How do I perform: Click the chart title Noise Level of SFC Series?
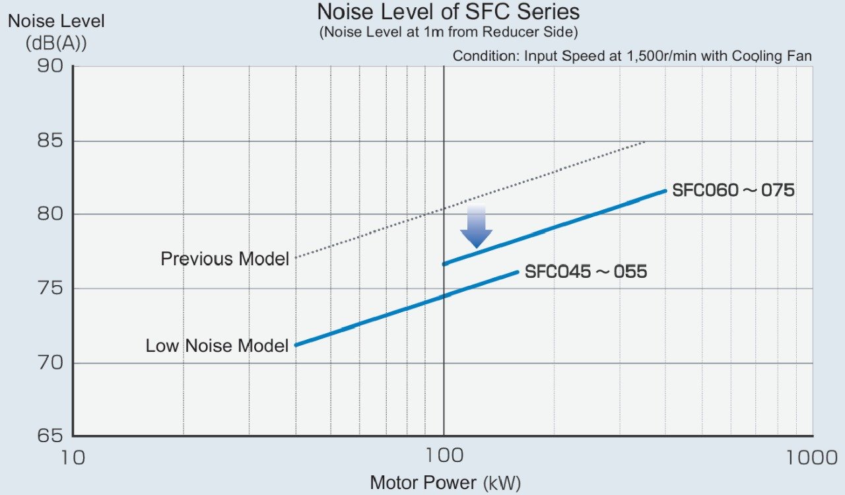point(448,12)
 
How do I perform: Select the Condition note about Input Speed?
point(632,56)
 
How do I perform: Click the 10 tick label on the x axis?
point(73,457)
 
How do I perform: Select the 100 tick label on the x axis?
point(444,457)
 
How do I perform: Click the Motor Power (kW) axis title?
point(445,482)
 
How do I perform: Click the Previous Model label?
point(224,259)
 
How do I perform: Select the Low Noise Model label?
point(217,345)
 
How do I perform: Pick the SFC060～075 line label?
point(733,191)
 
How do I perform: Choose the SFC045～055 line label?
point(586,271)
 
